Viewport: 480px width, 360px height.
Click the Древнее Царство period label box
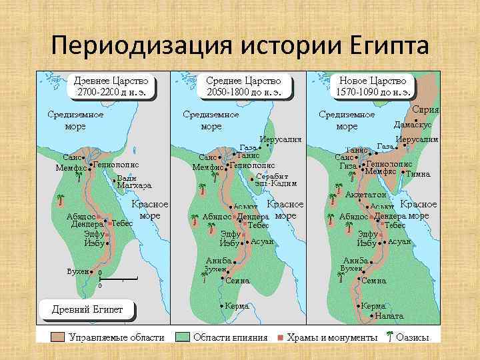tap(111, 85)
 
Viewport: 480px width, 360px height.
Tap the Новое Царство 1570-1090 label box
tap(373, 85)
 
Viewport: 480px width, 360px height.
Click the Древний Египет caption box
tap(92, 309)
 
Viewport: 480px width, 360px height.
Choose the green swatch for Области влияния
tap(181, 337)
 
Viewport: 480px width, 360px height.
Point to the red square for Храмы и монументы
tap(281, 337)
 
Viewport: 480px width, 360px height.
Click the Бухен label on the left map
tap(79, 272)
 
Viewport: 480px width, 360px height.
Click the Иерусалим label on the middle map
tap(281, 139)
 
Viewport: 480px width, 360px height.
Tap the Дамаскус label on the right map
tap(413, 125)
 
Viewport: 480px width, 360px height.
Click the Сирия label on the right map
tap(425, 109)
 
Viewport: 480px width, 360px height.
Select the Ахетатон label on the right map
tap(366, 195)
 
